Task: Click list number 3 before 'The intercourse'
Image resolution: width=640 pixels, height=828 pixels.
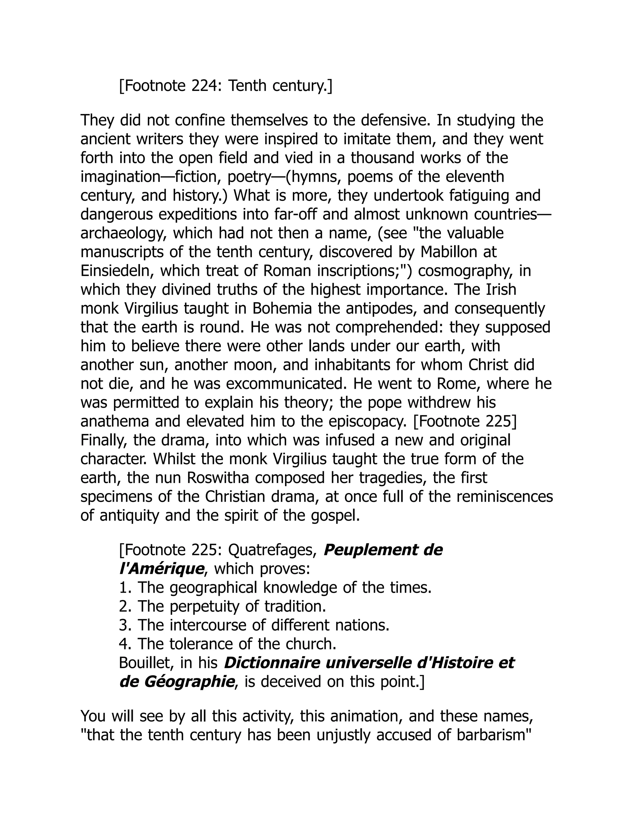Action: [x=124, y=626]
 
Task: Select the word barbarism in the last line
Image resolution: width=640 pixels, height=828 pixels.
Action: [x=493, y=735]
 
